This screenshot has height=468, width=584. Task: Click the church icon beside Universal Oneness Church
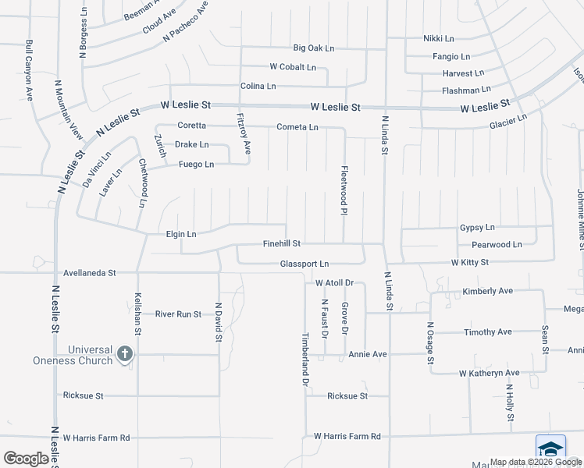tap(123, 355)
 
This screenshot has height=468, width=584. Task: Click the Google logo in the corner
tap(27, 459)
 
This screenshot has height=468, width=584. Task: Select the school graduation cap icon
tap(550, 450)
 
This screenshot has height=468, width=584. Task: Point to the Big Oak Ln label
tap(313, 48)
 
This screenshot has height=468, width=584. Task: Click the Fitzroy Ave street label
tap(244, 133)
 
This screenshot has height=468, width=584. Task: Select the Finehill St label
tap(282, 244)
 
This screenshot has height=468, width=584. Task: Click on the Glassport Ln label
tap(304, 264)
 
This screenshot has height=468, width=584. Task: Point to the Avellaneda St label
tap(89, 273)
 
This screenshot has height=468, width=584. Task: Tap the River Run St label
tap(178, 314)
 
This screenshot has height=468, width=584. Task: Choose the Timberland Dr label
tap(305, 360)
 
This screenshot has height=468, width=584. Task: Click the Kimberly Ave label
tap(487, 291)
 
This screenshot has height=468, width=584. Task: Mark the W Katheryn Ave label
tap(489, 374)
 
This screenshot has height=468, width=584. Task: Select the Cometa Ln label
tap(297, 127)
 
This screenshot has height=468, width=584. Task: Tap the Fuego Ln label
tap(196, 165)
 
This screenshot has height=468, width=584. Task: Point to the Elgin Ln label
tap(181, 233)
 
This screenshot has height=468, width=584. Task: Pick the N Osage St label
tap(429, 342)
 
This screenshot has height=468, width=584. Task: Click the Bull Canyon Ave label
tap(29, 71)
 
